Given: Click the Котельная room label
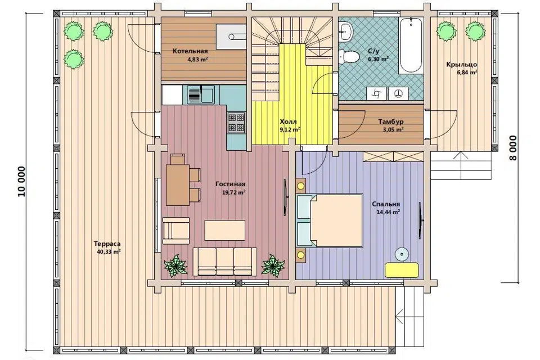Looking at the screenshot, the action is click(x=190, y=51).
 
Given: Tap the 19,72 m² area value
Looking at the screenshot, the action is click(x=233, y=192).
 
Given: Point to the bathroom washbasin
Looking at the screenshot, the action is click(x=345, y=31).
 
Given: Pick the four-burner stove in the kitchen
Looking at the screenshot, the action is click(x=236, y=123).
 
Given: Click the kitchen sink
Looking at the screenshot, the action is click(x=201, y=94).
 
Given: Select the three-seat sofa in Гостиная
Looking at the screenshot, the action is click(x=224, y=262).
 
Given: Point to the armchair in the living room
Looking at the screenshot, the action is click(x=175, y=228).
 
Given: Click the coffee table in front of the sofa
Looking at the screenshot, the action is click(x=225, y=230).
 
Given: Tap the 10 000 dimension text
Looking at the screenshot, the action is click(x=21, y=182).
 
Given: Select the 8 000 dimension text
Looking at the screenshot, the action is click(x=513, y=148).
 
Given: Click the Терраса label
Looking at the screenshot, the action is click(x=107, y=244).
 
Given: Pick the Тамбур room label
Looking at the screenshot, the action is click(x=390, y=121).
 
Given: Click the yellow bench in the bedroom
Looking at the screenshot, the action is click(x=402, y=270).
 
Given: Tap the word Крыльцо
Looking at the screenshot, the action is click(x=461, y=65).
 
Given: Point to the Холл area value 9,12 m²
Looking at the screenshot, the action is click(x=290, y=129).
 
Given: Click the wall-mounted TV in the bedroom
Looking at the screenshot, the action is click(x=420, y=220).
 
